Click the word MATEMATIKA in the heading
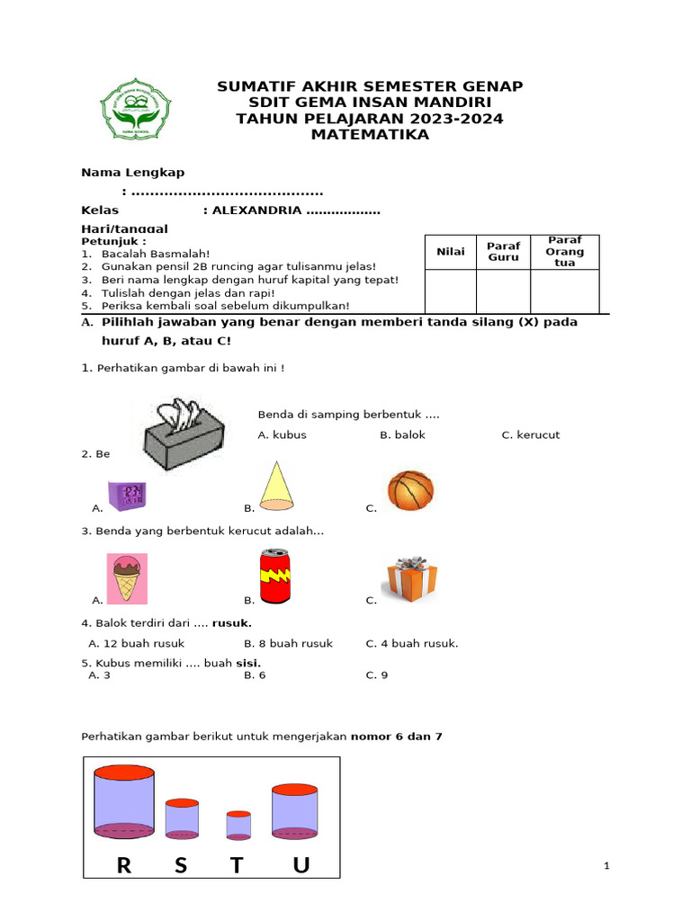click(x=370, y=135)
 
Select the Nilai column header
click(x=451, y=252)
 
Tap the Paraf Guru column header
click(x=503, y=252)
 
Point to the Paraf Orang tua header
click(x=564, y=252)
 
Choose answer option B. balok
click(x=402, y=435)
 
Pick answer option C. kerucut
click(x=530, y=435)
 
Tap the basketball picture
click(x=410, y=491)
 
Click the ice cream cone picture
click(x=127, y=578)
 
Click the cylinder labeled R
click(x=124, y=802)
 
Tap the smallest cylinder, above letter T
click(x=238, y=824)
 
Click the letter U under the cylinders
click(x=301, y=865)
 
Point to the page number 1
click(x=607, y=866)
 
